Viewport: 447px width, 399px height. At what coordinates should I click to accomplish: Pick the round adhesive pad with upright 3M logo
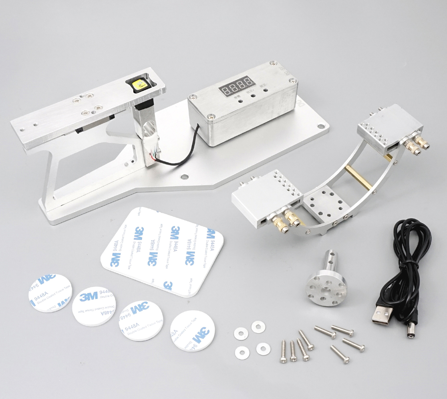tap(94, 306)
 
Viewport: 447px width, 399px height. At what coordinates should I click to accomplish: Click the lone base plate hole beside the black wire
tap(184, 176)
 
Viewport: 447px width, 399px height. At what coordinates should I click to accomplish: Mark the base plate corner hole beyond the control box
tap(321, 126)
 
